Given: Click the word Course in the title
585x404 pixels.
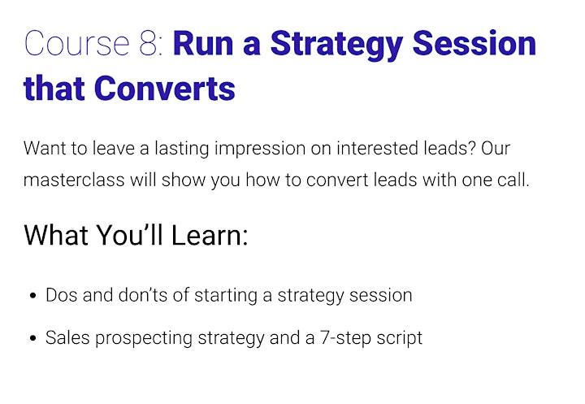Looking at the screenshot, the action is point(77,44).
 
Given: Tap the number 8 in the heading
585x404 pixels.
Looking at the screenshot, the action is point(149,44).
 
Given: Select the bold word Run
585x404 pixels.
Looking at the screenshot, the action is point(203,44).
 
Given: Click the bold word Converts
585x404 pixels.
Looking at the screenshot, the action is point(164,89).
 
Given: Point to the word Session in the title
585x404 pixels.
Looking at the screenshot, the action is point(474,44).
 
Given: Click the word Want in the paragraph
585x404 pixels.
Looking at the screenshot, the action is point(45,148).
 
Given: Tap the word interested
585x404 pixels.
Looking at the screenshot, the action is point(377,148).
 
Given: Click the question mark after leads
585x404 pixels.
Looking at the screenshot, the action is point(471,148).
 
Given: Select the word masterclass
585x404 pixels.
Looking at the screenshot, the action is point(74,180).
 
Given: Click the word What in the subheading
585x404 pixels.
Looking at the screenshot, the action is point(56,235).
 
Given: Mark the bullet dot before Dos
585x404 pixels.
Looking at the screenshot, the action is point(33,296).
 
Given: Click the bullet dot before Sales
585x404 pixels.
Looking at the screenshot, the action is point(33,338).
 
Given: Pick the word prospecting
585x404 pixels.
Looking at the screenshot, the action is point(144,339).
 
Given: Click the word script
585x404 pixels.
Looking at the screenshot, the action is point(399,339).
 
